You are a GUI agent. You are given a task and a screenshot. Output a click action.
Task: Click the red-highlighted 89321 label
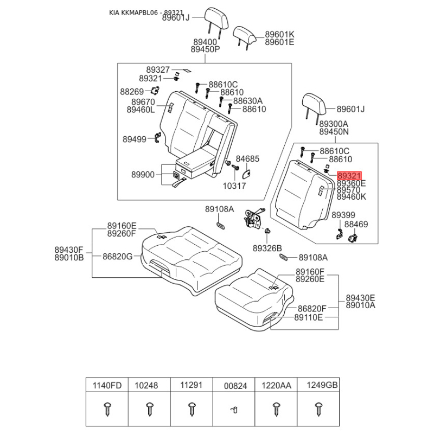(349, 176)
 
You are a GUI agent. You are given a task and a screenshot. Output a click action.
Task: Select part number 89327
(158, 69)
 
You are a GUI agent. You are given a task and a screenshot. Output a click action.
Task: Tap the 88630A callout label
(248, 100)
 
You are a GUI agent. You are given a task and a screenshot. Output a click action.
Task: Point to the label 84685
(247, 159)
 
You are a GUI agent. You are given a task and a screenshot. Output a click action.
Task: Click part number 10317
(234, 186)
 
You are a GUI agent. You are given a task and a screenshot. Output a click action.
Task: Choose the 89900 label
(143, 175)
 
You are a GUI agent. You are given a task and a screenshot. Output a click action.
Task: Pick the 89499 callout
(134, 139)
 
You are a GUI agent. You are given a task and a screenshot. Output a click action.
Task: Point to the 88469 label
(356, 224)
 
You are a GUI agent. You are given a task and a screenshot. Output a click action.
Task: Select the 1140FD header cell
(107, 386)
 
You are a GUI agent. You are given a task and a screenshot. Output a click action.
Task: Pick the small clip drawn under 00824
(234, 410)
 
